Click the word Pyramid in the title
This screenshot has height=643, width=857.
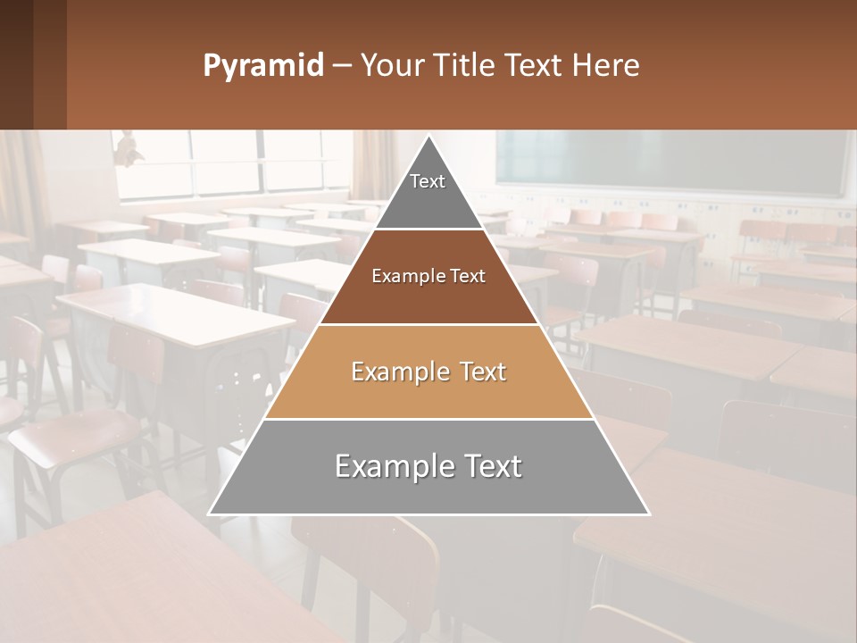(x=263, y=65)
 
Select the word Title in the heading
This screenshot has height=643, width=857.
(x=467, y=65)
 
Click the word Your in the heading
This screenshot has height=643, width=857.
(x=392, y=65)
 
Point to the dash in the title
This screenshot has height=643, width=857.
(x=341, y=66)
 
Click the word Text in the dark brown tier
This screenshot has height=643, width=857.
(x=467, y=276)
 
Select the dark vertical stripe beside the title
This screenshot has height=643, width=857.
(x=50, y=64)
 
